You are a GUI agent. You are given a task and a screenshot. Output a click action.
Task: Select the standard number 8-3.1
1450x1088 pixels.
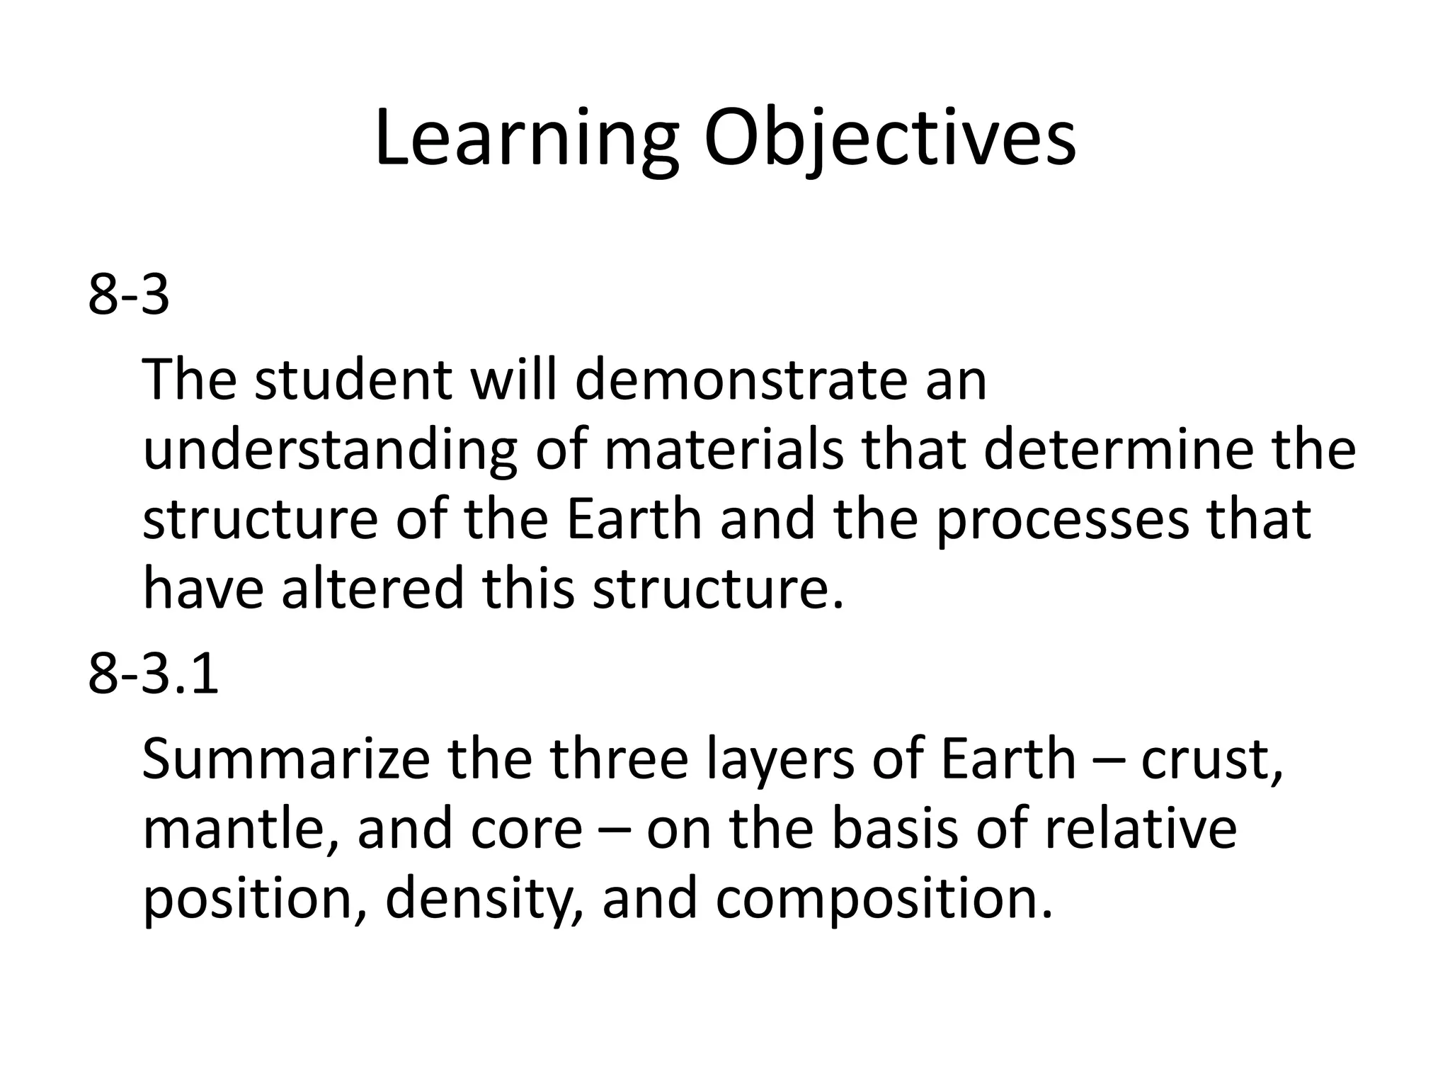coord(154,674)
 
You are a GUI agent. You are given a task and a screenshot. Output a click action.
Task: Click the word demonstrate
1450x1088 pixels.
coord(740,380)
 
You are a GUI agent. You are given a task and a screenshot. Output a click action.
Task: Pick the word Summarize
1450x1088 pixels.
coord(286,759)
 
